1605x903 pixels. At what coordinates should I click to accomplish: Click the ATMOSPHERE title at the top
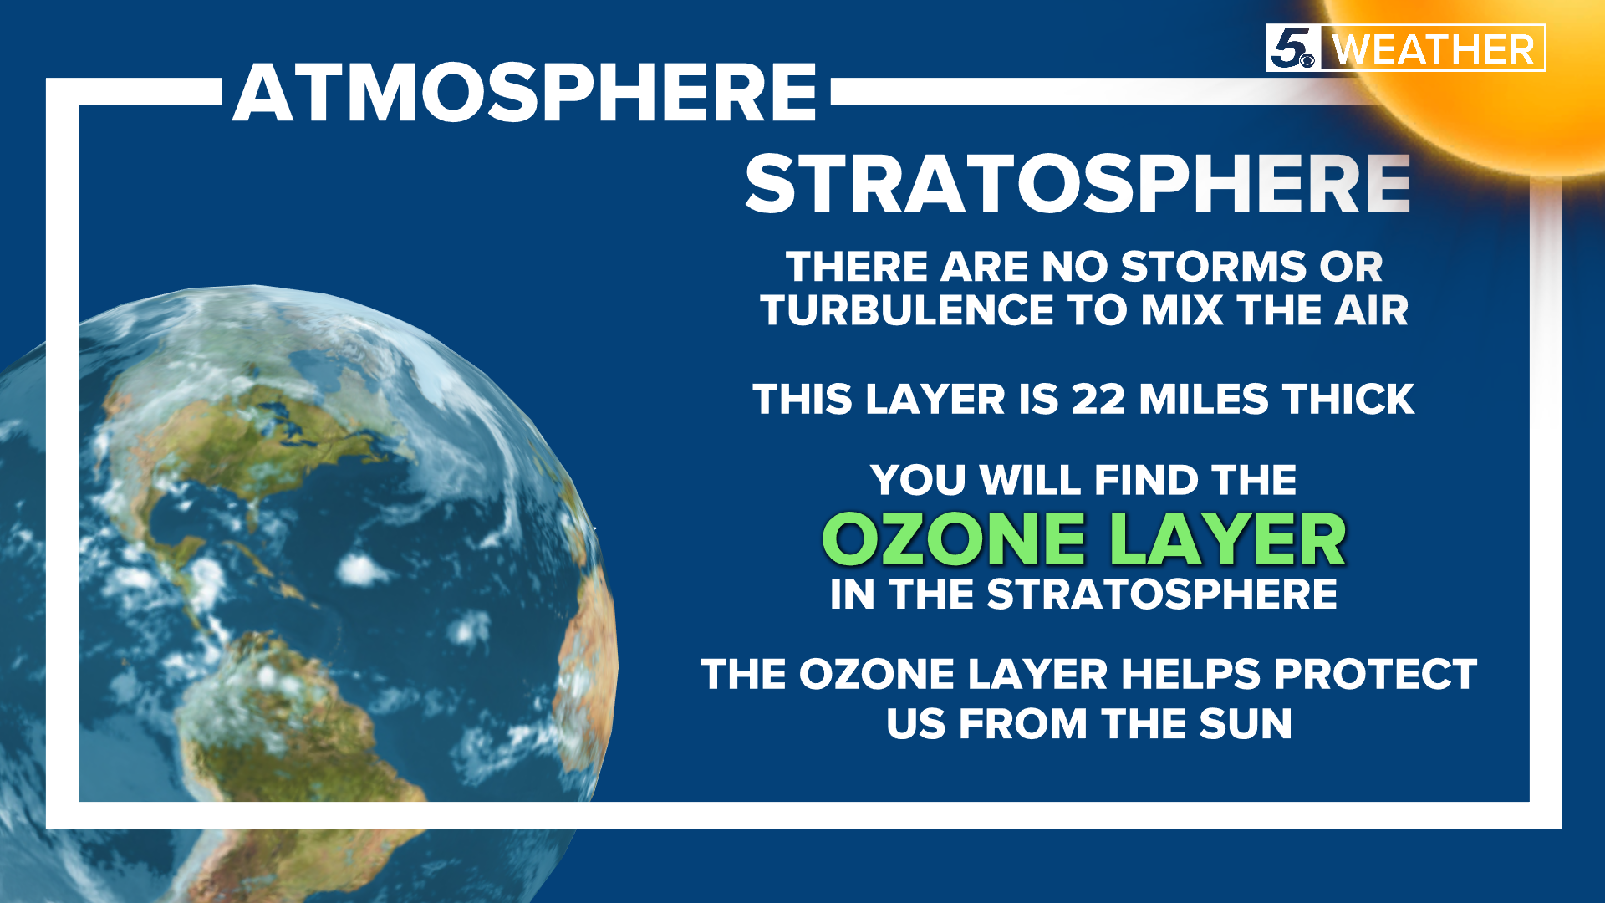tap(524, 93)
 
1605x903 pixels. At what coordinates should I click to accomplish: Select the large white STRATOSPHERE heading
tap(1078, 184)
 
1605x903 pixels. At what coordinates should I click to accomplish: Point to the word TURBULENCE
tap(907, 311)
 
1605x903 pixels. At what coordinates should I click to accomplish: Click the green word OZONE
tap(954, 540)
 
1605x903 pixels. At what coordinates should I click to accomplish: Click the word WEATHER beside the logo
tap(1434, 49)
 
